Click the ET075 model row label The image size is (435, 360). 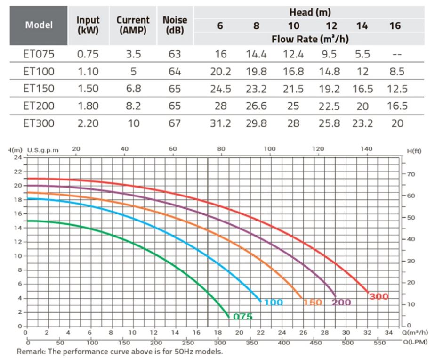click(39, 55)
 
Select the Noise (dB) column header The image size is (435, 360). click(175, 25)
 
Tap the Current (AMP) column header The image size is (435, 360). click(133, 25)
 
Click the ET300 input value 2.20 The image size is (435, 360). click(88, 123)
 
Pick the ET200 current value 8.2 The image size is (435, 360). click(133, 106)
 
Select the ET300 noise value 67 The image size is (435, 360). click(175, 123)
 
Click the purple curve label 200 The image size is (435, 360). click(341, 303)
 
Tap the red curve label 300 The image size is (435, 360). click(379, 297)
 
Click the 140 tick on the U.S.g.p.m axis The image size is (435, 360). click(366, 149)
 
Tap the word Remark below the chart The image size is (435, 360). click(31, 352)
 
